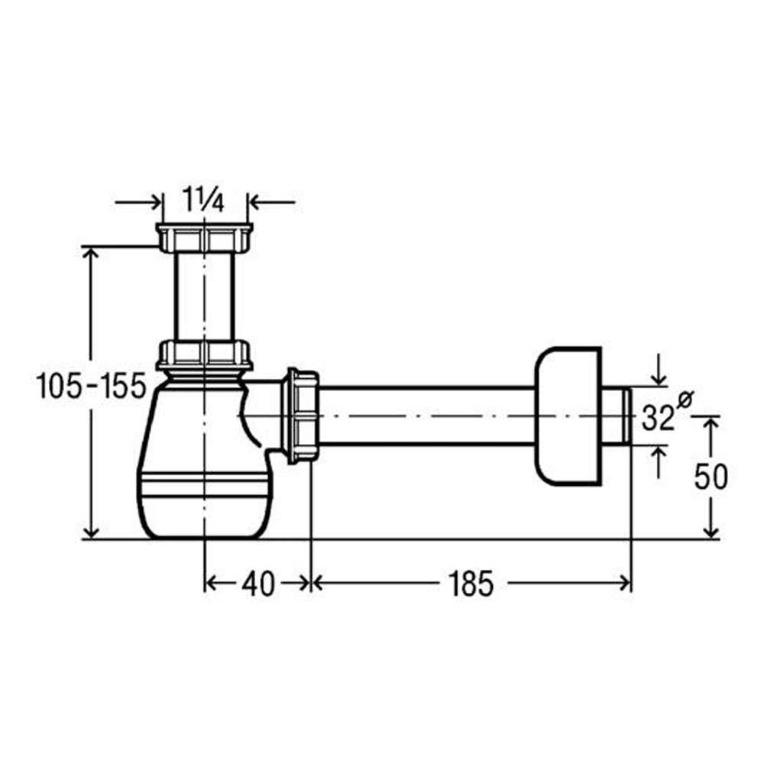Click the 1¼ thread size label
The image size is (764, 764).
203,199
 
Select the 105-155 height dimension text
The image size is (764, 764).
91,385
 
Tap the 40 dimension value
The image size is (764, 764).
258,584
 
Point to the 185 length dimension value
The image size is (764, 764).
471,584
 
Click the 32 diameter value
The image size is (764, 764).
658,418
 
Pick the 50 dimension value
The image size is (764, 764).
711,477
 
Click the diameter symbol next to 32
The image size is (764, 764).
685,400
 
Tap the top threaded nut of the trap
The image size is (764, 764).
205,238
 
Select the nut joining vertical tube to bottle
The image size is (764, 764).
204,355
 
